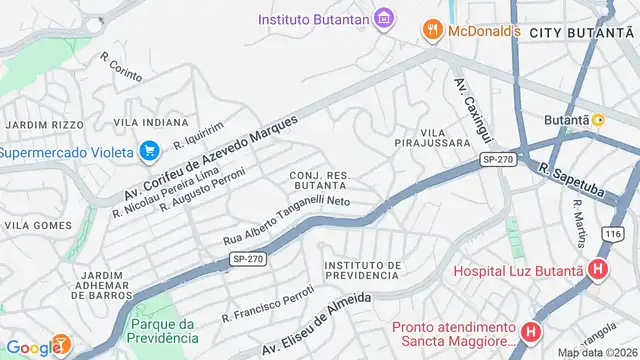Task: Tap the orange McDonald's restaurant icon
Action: (x=432, y=30)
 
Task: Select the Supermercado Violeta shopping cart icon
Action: (x=150, y=152)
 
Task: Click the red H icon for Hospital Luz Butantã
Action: (x=598, y=269)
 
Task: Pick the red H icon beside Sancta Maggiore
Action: (x=531, y=330)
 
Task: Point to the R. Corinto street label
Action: (x=122, y=67)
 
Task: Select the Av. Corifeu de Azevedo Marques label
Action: (x=211, y=157)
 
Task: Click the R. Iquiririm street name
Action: (x=196, y=136)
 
